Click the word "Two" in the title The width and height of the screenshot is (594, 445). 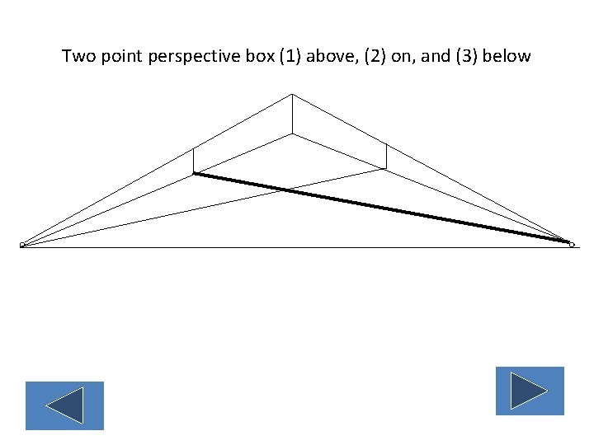pos(78,57)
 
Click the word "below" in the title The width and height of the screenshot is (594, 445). pos(508,57)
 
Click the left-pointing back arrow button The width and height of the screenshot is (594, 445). pos(64,405)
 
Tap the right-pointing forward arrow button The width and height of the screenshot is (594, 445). pos(530,391)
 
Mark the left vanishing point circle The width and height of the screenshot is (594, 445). pos(22,245)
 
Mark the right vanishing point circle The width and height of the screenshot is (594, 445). pos(571,244)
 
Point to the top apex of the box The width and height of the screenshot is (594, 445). pos(292,95)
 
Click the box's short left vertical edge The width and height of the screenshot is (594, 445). pos(193,161)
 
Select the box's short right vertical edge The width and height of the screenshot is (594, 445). pos(386,157)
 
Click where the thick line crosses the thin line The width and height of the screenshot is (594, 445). pos(287,190)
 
